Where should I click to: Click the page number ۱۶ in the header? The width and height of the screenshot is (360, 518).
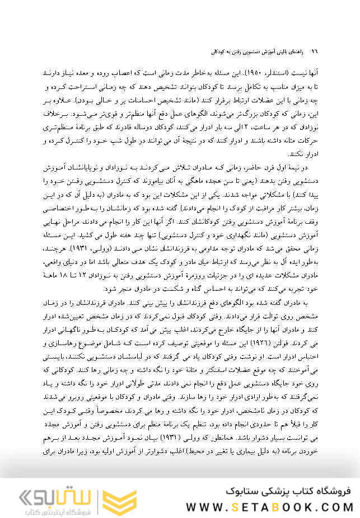314,51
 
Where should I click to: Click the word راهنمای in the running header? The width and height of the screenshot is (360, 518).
297,51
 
